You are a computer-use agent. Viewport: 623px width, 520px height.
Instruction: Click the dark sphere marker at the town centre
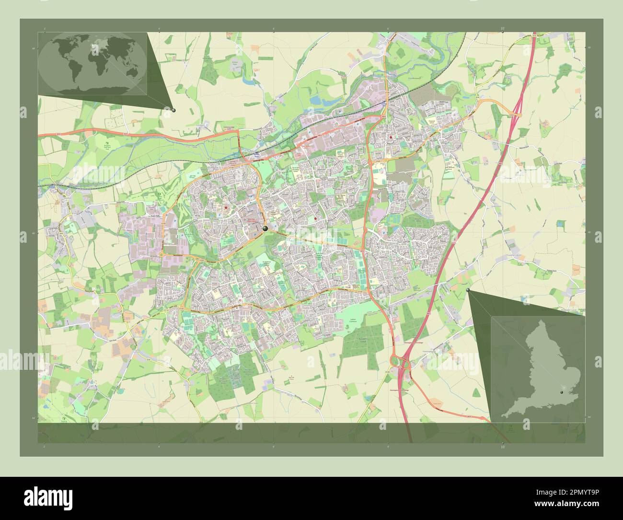pos(265,229)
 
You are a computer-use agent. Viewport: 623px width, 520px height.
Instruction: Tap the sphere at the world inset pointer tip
pos(173,110)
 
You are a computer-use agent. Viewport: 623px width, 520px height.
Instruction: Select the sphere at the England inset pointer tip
pos(468,290)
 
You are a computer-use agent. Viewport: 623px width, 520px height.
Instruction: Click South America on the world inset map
pos(70,72)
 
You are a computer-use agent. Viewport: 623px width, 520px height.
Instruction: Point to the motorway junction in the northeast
pos(517,114)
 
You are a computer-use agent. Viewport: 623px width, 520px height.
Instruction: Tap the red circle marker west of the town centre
pos(225,207)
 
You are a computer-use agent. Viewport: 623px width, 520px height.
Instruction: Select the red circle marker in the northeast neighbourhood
pos(391,138)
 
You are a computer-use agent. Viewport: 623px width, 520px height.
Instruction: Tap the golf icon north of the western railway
pos(107,143)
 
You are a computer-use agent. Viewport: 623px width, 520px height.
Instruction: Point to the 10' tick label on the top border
pos(502,29)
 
